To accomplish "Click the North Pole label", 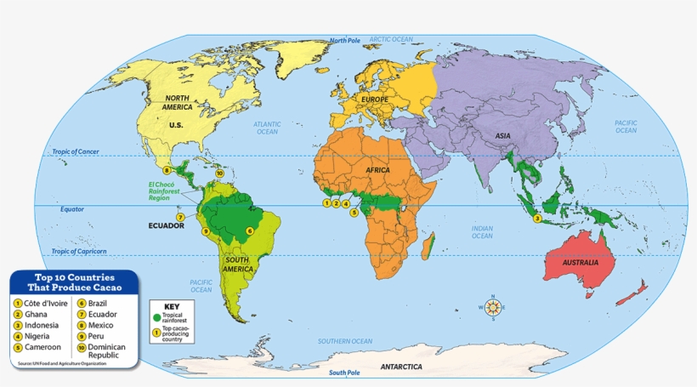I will (x=345, y=40).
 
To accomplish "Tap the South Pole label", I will (x=345, y=373).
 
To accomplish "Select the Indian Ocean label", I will (x=482, y=231).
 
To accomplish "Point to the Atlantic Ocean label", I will (x=267, y=128).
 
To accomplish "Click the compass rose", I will (x=492, y=307).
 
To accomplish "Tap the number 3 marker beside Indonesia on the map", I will (x=537, y=219).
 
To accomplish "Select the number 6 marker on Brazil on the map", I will (x=250, y=230).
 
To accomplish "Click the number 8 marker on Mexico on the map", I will (x=167, y=171).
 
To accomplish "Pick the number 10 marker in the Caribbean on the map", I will (x=219, y=173).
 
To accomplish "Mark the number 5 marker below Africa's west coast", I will (x=354, y=213).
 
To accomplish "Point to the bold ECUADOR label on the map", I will (x=166, y=226).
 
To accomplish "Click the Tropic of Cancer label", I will (x=76, y=152).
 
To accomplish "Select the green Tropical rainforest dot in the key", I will (x=156, y=316).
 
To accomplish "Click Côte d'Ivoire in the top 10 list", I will (x=42, y=303).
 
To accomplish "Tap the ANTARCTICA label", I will (x=401, y=367).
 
